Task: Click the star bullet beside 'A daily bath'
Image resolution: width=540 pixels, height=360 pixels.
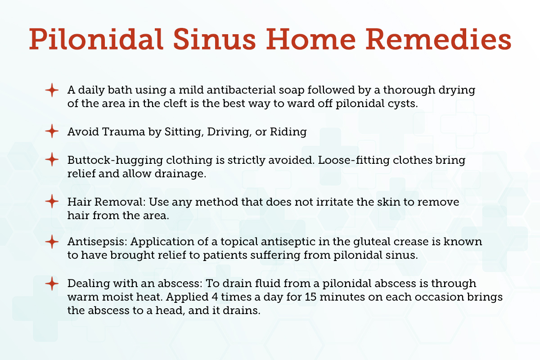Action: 52,90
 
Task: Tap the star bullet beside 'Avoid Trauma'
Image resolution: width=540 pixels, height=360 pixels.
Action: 52,132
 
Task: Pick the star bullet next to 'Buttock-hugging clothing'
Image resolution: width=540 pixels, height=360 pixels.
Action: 52,160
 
